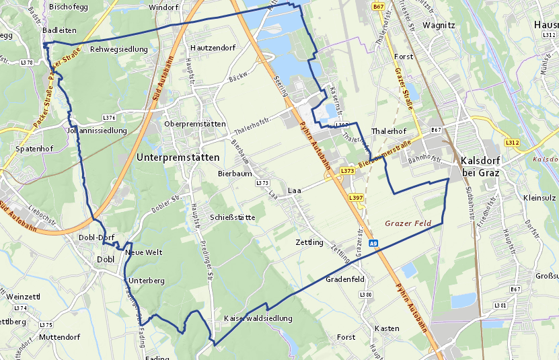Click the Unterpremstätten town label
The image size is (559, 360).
[178, 157]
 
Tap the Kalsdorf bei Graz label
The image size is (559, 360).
[480, 167]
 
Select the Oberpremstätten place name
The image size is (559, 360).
[195, 124]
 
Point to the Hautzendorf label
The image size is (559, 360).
[213, 48]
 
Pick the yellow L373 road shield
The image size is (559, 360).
[347, 171]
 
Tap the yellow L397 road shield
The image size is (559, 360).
[356, 198]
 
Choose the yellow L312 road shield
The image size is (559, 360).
[512, 143]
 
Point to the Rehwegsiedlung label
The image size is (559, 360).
[118, 49]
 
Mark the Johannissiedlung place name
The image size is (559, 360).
[97, 131]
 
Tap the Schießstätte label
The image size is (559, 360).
[232, 217]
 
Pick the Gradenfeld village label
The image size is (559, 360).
[344, 279]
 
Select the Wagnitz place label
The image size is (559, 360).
[439, 26]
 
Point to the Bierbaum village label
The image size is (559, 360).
[234, 173]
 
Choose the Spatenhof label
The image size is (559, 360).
[34, 148]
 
